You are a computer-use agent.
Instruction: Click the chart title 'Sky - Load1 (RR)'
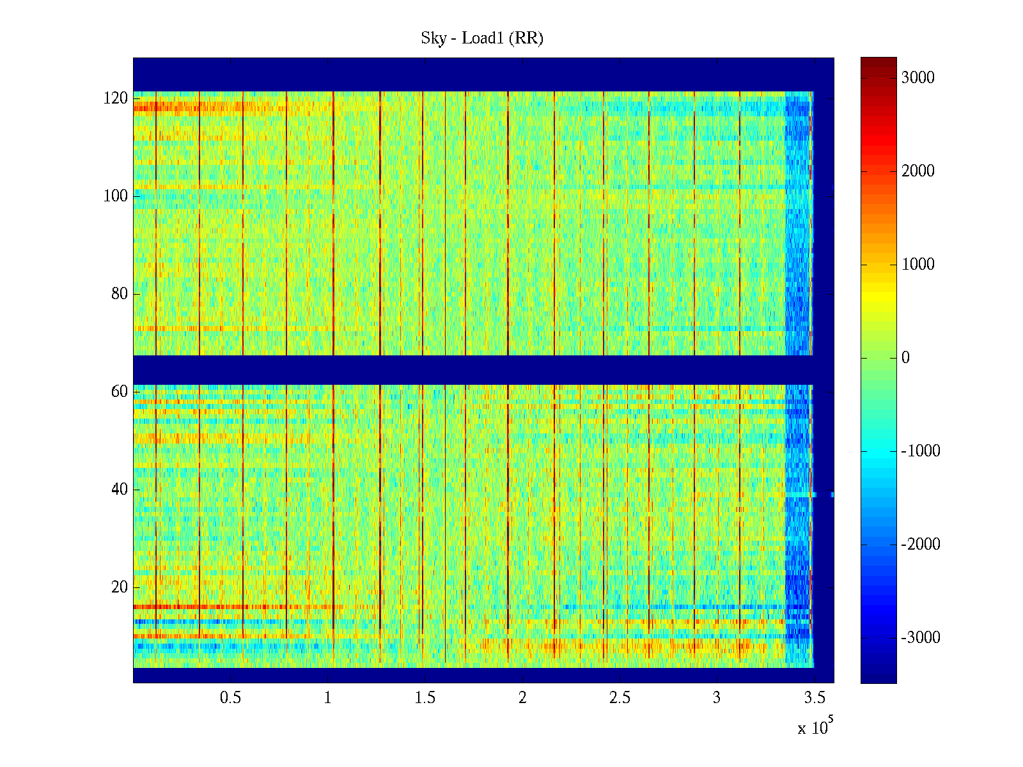point(482,38)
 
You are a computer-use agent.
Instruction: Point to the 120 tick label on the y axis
point(116,98)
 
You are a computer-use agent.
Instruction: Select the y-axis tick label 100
point(116,196)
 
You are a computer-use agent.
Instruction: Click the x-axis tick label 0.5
point(230,698)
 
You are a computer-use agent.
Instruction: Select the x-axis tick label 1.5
point(425,698)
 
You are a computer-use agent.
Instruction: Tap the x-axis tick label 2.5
point(620,698)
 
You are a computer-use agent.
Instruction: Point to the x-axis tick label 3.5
point(814,698)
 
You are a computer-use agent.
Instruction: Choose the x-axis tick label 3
point(717,698)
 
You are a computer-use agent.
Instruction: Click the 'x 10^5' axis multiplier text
point(815,727)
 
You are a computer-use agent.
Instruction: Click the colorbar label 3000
point(918,78)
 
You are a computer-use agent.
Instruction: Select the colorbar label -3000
point(921,638)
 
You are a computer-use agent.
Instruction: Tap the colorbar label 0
point(905,358)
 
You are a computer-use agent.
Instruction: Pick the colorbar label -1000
point(921,451)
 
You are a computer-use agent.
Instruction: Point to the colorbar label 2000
point(918,171)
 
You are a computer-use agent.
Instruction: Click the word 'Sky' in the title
point(433,38)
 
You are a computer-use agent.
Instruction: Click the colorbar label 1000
point(918,265)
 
